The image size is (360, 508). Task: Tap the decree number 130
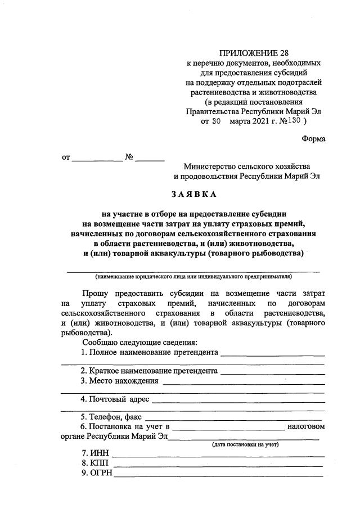293,120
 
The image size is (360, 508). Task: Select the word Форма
313,138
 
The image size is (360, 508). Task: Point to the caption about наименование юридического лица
193,276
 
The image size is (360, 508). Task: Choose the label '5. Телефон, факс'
111,417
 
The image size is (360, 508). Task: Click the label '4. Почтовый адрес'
115,399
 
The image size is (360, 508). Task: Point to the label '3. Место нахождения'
119,381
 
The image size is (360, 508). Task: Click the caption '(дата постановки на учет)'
245,444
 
